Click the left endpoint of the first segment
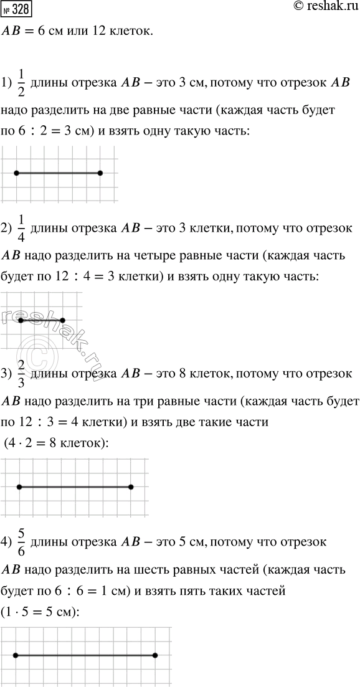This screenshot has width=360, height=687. point(16,173)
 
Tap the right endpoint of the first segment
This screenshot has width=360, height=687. point(100,173)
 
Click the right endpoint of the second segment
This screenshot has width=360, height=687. point(62,320)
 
